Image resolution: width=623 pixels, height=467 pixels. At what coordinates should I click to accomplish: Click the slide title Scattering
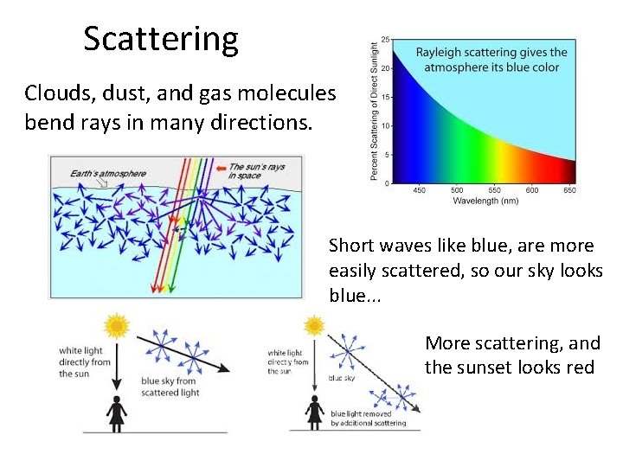160,40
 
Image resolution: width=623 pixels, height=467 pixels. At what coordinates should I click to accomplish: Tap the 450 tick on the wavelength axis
420,191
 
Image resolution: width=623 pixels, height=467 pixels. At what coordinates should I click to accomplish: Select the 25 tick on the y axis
384,40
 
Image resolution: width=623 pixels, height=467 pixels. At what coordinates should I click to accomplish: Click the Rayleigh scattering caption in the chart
491,59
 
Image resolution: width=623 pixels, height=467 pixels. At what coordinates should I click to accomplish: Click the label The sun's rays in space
257,171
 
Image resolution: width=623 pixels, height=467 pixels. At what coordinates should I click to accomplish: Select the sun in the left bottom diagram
116,325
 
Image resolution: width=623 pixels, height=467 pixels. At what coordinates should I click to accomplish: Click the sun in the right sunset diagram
314,325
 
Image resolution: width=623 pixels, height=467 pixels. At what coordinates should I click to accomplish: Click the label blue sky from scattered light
170,387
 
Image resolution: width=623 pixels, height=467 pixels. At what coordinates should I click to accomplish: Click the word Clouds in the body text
55,93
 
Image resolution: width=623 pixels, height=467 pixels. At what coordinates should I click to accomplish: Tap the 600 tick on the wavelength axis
531,191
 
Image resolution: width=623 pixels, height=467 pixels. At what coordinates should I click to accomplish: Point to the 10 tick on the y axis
384,126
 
